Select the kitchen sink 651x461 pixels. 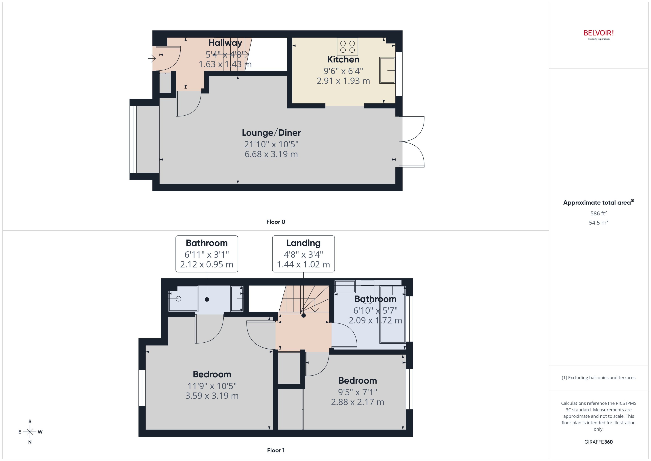[387, 70]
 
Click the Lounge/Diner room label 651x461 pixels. [271, 133]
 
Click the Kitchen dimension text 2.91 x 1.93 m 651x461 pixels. [343, 81]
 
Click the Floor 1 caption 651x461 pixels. [275, 450]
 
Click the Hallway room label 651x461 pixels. [225, 43]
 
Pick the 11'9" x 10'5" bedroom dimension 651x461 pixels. [212, 386]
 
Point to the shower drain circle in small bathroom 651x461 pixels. [178, 299]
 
